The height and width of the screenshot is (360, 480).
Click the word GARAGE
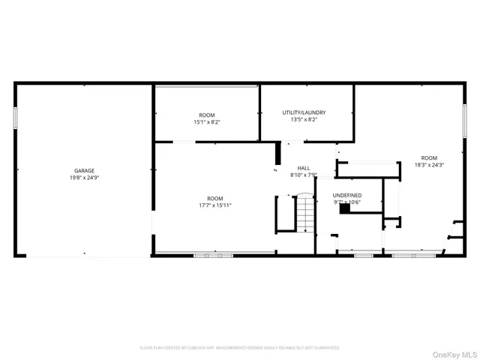[84, 171]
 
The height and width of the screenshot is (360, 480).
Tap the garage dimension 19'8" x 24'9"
[84, 178]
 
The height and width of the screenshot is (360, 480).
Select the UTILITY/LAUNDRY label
[304, 112]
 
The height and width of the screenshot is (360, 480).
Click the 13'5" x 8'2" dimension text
[304, 120]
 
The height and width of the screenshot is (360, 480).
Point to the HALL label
[304, 168]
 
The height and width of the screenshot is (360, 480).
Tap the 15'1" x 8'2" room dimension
[207, 121]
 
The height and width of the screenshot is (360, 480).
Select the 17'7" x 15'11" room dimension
[215, 205]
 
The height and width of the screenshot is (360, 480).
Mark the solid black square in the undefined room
[344, 210]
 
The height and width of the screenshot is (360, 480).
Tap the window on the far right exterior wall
[465, 120]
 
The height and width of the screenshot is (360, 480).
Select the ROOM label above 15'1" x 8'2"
[207, 115]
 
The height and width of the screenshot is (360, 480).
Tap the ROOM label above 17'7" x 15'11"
[215, 197]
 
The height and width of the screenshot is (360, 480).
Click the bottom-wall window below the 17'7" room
[214, 256]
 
